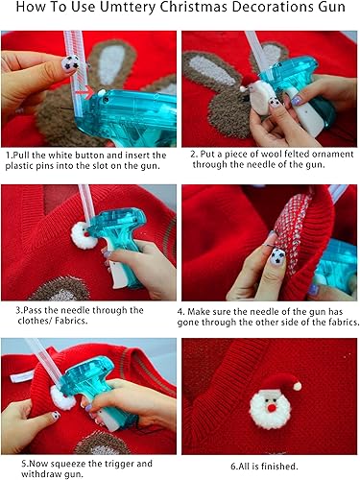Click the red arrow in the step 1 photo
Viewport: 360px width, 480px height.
[x=88, y=93]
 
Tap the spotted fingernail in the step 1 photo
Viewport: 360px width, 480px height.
[x=69, y=64]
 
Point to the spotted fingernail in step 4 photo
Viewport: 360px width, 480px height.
[x=276, y=256]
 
